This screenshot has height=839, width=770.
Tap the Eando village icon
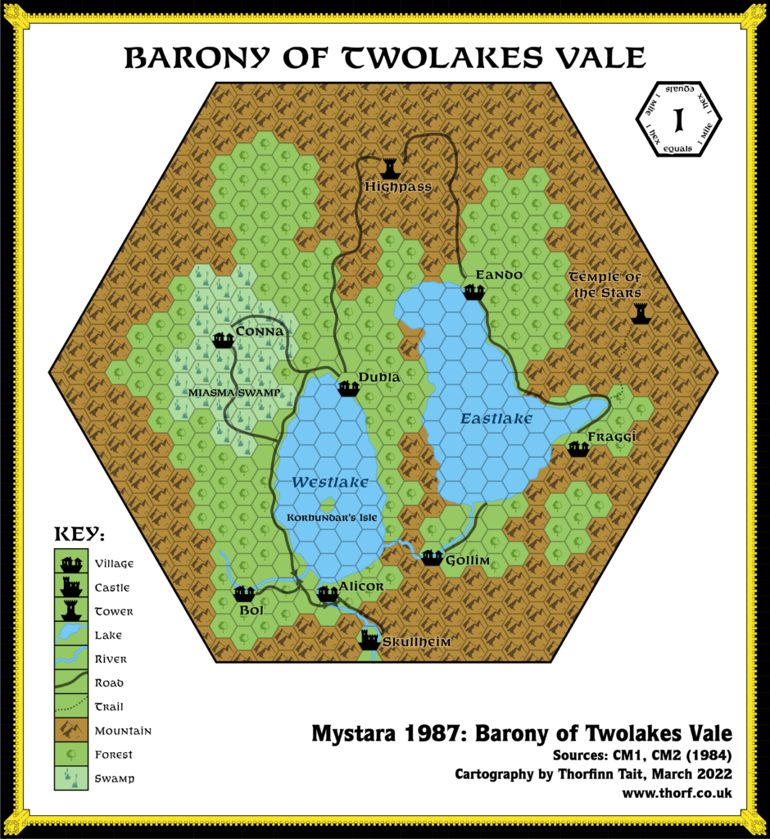click(474, 292)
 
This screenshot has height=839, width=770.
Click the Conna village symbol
click(223, 339)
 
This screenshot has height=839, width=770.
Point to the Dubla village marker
click(350, 388)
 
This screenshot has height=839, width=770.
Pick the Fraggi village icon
click(578, 448)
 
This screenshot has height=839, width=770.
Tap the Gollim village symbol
click(432, 558)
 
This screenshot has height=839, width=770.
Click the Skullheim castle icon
click(370, 639)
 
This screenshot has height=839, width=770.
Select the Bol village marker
click(243, 594)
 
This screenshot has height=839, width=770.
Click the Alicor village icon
click(328, 593)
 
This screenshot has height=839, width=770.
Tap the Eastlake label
click(496, 419)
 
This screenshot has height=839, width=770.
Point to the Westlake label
click(330, 482)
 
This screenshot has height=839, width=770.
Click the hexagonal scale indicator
click(678, 120)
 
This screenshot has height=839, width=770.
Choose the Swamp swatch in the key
click(70, 778)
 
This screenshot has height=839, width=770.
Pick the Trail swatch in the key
click(70, 706)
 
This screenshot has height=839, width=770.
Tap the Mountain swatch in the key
click(70, 730)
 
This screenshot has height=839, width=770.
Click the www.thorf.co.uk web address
click(677, 793)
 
